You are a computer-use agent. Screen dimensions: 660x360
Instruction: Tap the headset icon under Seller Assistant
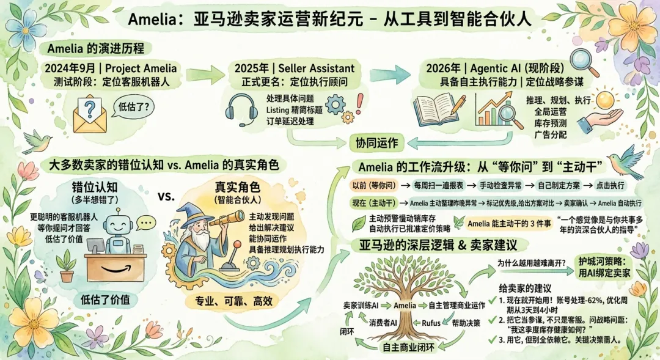241,108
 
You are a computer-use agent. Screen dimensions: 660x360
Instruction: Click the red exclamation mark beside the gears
359,100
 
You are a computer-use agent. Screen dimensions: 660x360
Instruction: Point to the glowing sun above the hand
605,98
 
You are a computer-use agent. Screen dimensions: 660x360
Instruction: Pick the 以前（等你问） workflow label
373,184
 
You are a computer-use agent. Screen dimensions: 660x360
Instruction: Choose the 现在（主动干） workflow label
373,202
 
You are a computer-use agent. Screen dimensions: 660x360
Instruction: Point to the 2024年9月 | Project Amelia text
111,68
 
